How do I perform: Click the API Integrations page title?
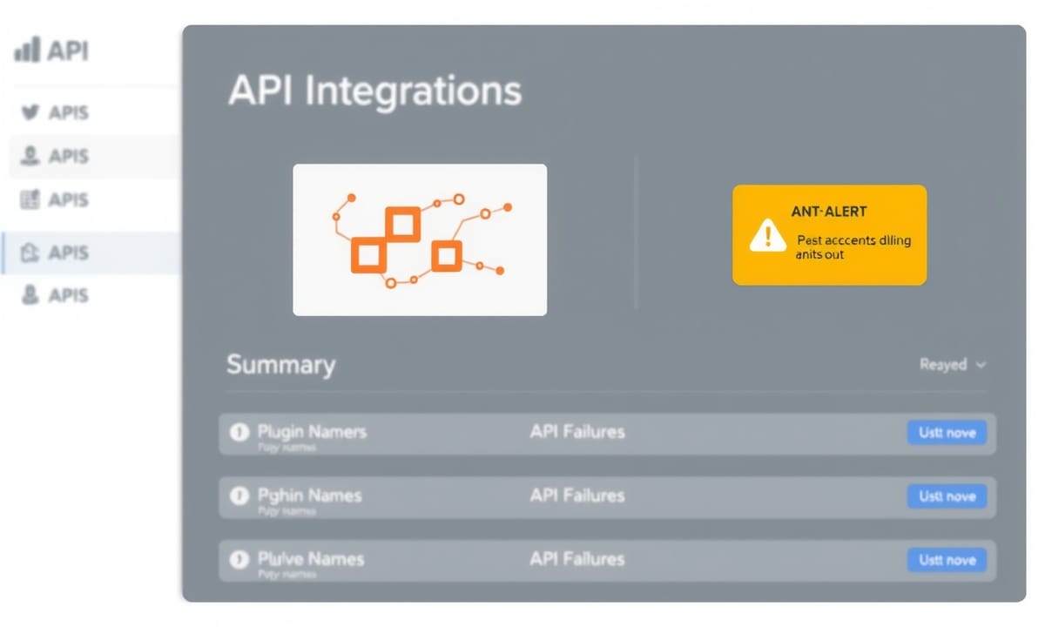coord(374,91)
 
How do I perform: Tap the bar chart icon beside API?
coord(27,51)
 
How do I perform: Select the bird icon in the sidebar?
coord(30,112)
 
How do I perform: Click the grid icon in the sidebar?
coord(30,199)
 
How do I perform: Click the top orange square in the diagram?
coord(402,225)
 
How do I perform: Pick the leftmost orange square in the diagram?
coord(367,255)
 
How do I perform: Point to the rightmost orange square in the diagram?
coord(446,256)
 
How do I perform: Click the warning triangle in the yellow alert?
coord(767,234)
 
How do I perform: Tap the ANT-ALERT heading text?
coord(829,212)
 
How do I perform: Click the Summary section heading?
coord(280,364)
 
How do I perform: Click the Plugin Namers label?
coord(312,431)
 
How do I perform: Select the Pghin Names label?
coord(309,496)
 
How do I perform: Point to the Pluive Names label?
coord(311,558)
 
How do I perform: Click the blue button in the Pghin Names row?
coord(947,496)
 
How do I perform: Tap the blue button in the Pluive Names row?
coord(947,560)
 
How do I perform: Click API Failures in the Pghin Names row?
coord(576,496)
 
